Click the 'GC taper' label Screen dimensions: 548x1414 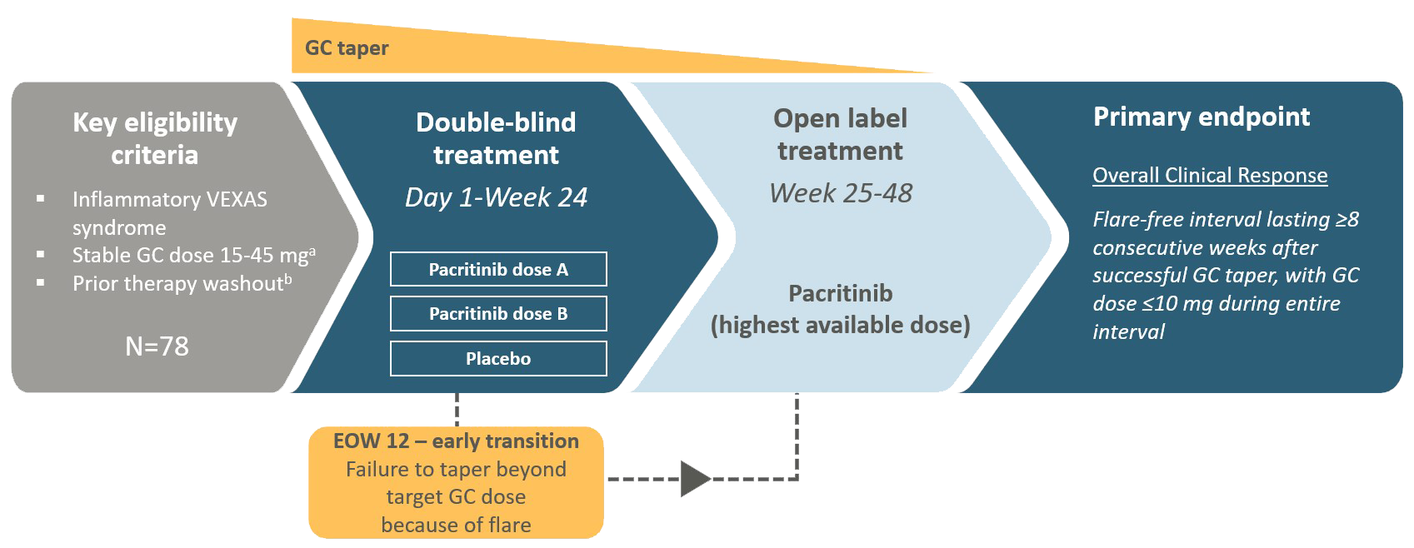click(347, 47)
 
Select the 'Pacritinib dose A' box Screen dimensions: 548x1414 click(498, 269)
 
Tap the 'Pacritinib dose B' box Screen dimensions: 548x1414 click(498, 314)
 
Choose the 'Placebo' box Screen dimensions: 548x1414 click(498, 359)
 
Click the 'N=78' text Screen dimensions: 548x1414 click(157, 346)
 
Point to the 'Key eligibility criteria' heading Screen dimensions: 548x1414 click(155, 138)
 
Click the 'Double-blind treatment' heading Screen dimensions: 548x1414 click(496, 138)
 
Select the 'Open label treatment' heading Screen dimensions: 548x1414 click(840, 134)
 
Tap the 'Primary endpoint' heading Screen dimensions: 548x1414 click(1201, 117)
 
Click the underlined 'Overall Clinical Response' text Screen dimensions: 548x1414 click(1210, 175)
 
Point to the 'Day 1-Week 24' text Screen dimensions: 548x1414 click(496, 197)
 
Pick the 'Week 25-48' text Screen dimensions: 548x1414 click(840, 193)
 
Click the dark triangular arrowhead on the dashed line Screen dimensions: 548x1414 click(695, 479)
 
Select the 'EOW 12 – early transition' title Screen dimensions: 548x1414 click(456, 441)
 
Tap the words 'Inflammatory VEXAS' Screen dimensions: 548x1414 click(170, 200)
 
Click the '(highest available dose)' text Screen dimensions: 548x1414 click(840, 325)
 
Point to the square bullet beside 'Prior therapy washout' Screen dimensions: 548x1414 click(41, 283)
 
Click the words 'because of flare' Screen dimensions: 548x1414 click(456, 525)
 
